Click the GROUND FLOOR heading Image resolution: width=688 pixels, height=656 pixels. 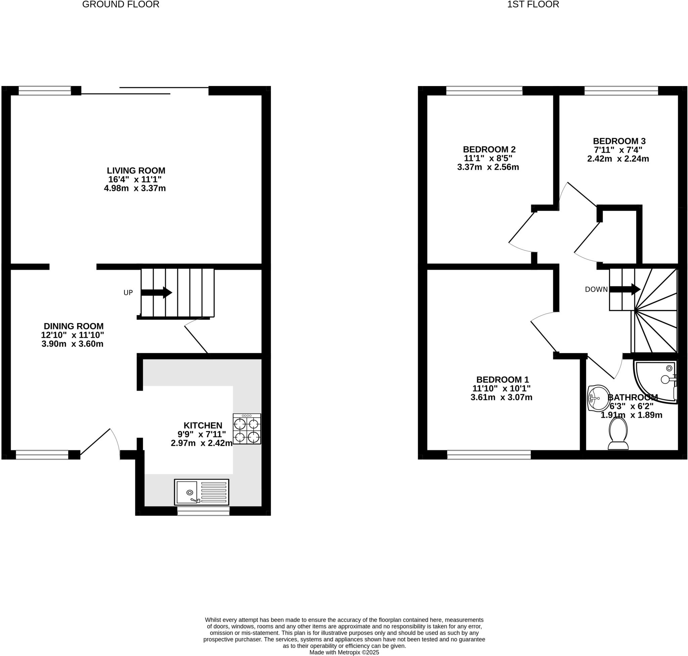121,5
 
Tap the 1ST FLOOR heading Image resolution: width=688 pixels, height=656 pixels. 533,5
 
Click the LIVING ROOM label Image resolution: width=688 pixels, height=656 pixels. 136,171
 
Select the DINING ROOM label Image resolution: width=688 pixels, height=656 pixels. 74,326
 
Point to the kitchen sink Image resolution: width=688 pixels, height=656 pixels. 201,492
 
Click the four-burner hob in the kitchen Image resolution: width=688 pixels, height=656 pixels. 247,429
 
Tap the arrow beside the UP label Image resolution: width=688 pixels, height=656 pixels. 156,292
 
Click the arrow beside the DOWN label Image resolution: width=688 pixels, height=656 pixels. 625,289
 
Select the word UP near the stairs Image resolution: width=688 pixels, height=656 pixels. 128,293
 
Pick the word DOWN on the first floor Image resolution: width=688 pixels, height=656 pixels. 596,290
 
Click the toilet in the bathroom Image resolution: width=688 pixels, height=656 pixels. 618,434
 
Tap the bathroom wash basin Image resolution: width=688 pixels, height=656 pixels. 599,398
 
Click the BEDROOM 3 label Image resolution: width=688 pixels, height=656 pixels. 619,141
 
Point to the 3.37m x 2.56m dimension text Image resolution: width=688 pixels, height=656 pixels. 488,167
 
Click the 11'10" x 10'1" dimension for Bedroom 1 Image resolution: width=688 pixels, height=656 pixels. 501,388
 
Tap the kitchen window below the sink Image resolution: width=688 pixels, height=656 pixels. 203,511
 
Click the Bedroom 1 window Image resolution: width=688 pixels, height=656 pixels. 489,455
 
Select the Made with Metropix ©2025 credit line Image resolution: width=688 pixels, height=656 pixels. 344,653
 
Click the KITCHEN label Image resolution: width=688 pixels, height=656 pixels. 203,425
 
